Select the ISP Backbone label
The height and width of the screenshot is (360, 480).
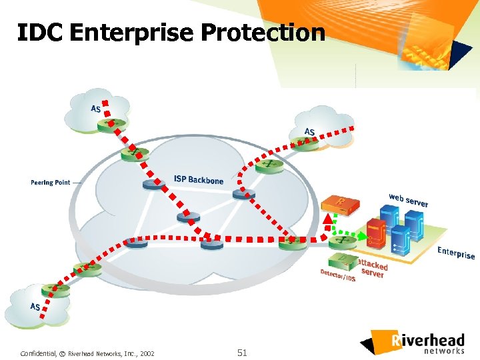click(199, 179)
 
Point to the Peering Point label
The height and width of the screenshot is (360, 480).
click(50, 182)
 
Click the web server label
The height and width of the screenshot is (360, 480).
click(408, 199)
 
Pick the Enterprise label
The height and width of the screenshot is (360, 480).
click(456, 253)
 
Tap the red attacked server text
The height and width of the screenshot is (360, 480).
click(372, 268)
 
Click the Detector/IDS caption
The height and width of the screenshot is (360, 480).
click(338, 275)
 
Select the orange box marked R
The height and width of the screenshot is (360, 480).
click(337, 203)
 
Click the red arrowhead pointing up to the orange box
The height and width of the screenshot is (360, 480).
click(327, 216)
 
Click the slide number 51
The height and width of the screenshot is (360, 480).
click(241, 353)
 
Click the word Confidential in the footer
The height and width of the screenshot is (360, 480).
click(37, 353)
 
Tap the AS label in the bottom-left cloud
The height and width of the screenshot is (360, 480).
click(35, 307)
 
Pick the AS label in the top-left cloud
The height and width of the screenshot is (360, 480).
click(96, 109)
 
